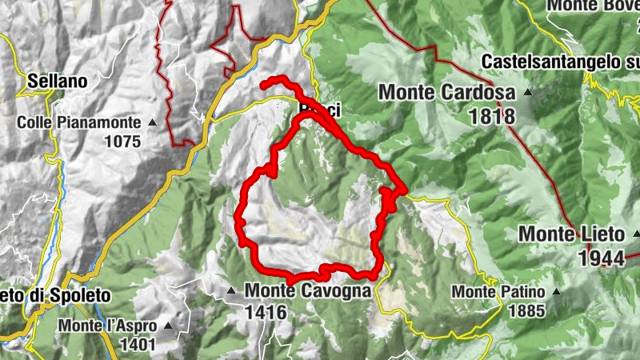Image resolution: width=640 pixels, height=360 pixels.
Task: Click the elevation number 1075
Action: coord(122,142)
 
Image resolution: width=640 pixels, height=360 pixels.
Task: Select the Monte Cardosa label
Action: coord(446,93)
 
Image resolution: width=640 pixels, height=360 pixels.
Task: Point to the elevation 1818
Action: coord(493,116)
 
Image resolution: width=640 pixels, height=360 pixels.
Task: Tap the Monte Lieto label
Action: coord(571,234)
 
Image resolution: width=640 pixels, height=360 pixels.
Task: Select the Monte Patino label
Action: coord(498,292)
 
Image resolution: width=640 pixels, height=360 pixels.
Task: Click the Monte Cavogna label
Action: coord(308,290)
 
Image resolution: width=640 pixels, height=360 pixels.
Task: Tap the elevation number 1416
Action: coord(266,312)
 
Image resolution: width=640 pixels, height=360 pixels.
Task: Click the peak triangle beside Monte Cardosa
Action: coord(526,93)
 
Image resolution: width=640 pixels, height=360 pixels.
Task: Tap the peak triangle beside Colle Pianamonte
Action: coord(152,123)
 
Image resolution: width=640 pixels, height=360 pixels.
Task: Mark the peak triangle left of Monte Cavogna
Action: coord(232,290)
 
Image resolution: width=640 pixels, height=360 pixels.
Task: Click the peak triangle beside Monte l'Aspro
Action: coord(168,326)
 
